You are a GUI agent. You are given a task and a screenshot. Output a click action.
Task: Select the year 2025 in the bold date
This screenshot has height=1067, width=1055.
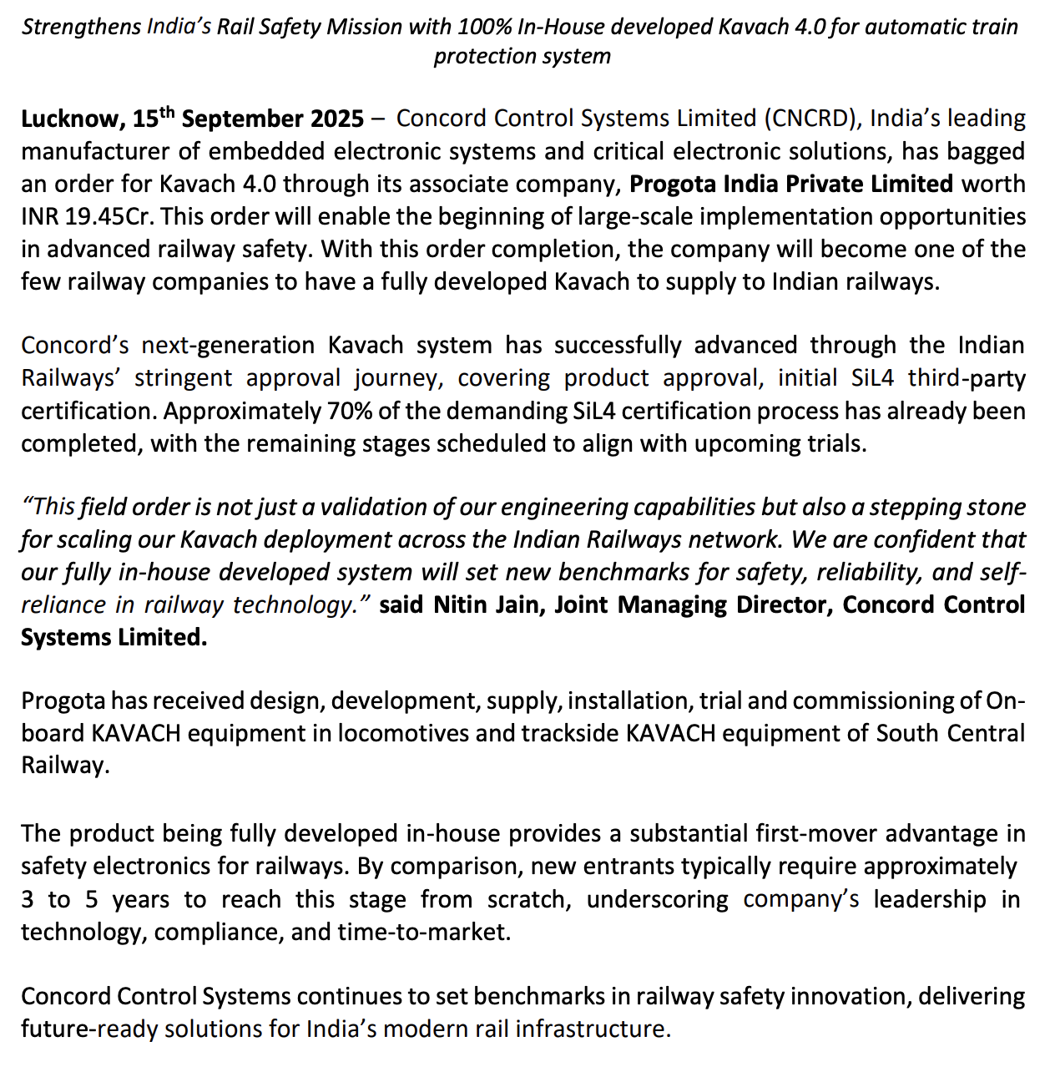pyautogui.click(x=337, y=119)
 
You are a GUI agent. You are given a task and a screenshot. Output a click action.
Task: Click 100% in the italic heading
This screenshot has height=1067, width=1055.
pyautogui.click(x=484, y=27)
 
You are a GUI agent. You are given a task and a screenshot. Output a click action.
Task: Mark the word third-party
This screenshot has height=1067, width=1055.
pyautogui.click(x=967, y=378)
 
